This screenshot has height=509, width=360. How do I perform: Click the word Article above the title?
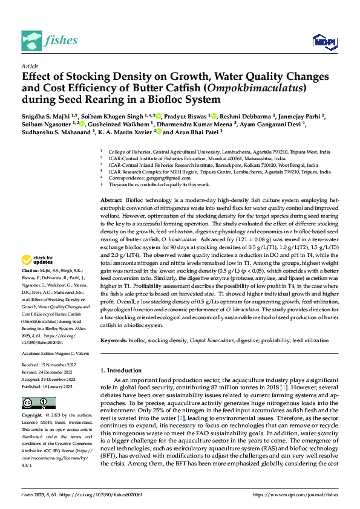pos(29,65)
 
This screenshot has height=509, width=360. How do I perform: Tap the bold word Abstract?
pos(110,199)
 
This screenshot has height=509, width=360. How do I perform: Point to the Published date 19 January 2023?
pos(56,386)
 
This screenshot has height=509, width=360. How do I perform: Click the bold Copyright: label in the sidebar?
pos(33,416)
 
